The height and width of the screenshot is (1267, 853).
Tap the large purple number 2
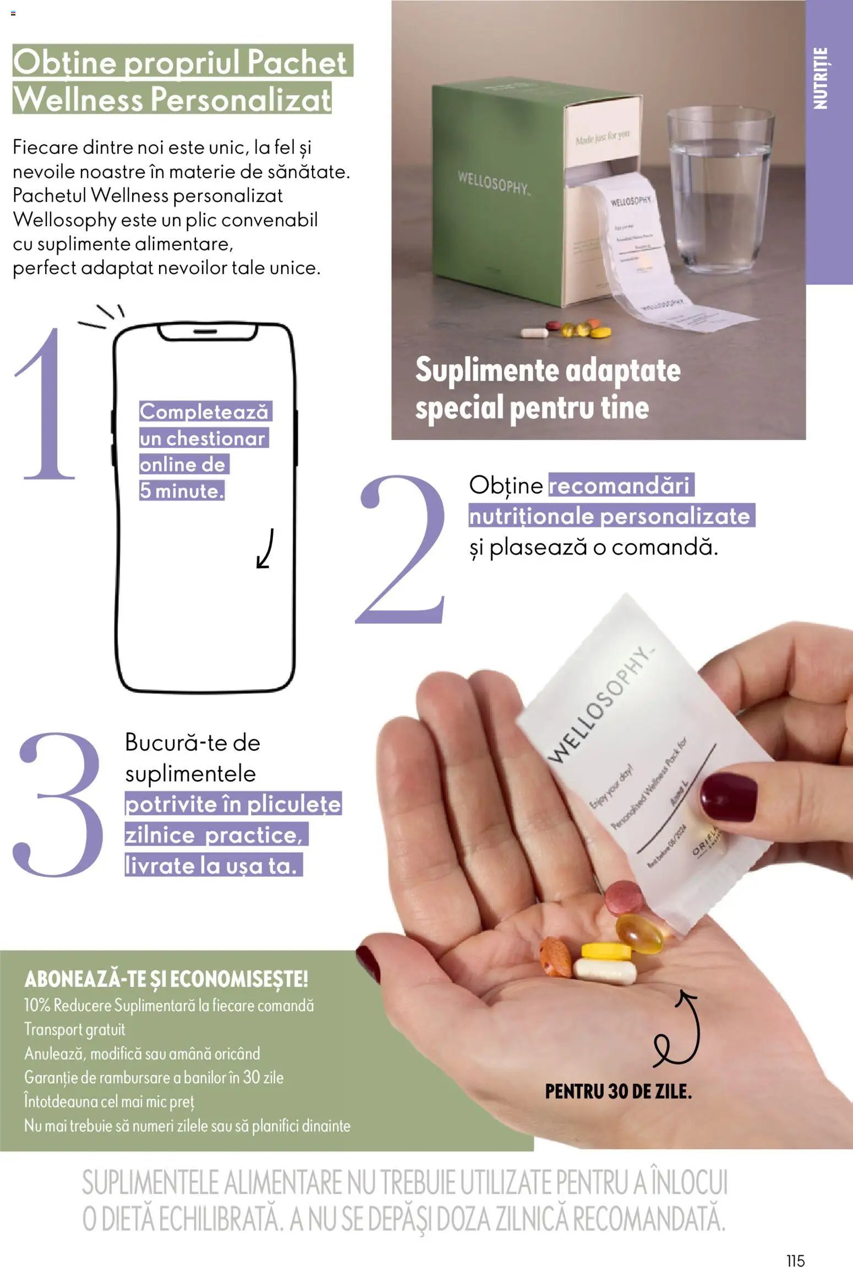click(x=402, y=550)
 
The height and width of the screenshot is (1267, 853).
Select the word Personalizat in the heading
click(x=240, y=100)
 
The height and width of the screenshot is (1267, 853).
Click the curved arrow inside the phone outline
click(x=266, y=549)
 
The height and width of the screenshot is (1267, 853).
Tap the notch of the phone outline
click(x=207, y=332)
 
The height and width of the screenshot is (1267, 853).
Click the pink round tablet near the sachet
click(x=625, y=897)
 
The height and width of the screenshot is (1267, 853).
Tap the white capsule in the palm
click(x=605, y=971)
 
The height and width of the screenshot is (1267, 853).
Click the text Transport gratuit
click(x=75, y=1029)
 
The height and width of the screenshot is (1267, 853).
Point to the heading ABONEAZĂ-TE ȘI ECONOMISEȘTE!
click(x=166, y=979)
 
